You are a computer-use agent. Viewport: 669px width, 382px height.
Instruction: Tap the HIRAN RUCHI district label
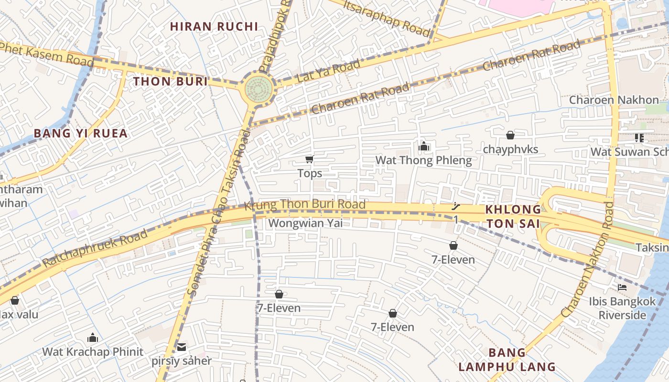214,26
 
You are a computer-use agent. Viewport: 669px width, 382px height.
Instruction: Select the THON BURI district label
171,81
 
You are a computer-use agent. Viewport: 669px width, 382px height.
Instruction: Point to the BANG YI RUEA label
81,133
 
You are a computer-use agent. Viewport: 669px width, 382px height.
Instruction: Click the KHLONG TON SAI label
513,216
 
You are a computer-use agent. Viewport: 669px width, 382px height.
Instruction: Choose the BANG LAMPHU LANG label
507,360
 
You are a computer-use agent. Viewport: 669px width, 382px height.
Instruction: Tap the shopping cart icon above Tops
310,159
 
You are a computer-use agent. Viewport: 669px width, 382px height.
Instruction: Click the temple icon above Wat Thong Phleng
423,146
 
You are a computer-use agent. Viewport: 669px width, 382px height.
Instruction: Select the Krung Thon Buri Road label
305,205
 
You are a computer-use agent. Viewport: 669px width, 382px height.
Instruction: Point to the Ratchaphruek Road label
95,249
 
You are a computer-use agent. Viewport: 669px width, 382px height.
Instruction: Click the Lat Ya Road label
328,71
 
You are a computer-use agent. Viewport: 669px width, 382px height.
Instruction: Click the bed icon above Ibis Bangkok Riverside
622,287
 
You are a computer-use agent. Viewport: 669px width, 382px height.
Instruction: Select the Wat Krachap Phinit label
93,352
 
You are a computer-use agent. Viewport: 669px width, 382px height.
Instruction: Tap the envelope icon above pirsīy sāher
182,347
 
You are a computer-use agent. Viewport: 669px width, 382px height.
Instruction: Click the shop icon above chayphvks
510,135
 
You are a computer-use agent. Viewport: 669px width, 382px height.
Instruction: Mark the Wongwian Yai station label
305,223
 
